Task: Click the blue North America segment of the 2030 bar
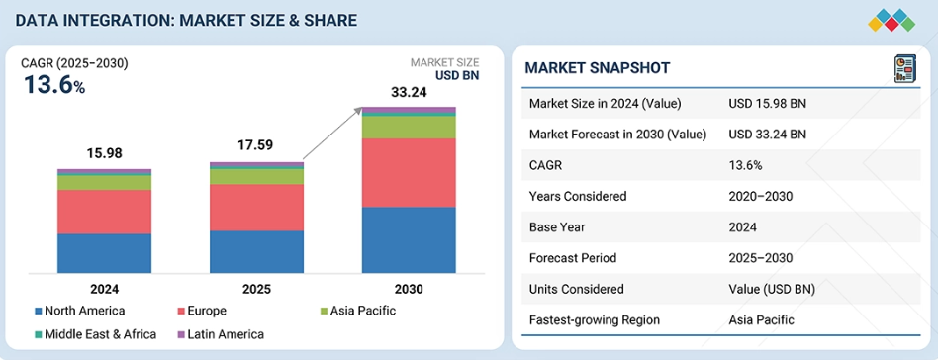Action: click(409, 239)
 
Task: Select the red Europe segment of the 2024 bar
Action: click(104, 212)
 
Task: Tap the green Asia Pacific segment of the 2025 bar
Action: click(256, 176)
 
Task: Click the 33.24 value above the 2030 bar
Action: click(409, 93)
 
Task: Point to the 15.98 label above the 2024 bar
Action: click(104, 153)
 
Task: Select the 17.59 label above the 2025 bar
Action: click(256, 145)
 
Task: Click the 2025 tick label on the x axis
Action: click(256, 289)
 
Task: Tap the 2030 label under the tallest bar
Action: click(409, 289)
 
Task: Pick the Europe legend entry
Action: click(208, 312)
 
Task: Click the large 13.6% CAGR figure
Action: click(54, 85)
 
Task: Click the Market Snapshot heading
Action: click(597, 68)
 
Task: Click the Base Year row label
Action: click(560, 226)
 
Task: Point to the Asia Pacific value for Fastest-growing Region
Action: click(761, 319)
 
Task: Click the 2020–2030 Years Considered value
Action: click(760, 196)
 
